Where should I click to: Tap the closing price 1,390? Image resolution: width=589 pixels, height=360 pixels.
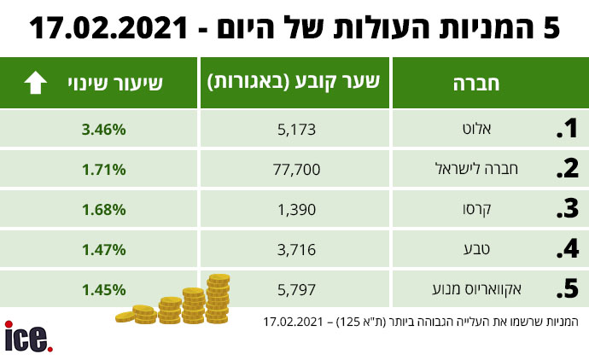299,209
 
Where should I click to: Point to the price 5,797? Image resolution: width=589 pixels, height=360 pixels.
299,289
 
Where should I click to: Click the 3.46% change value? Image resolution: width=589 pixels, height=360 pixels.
104,130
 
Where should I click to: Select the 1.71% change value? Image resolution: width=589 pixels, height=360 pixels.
104,169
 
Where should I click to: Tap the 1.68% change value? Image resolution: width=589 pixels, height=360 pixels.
104,209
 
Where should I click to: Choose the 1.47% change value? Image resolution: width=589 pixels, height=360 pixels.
104,249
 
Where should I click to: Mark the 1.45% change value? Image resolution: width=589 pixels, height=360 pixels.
104,289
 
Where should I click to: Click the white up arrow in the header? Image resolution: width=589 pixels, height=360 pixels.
35,83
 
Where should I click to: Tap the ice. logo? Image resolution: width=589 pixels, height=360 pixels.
28,338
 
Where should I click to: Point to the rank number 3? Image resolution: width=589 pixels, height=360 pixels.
566,209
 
